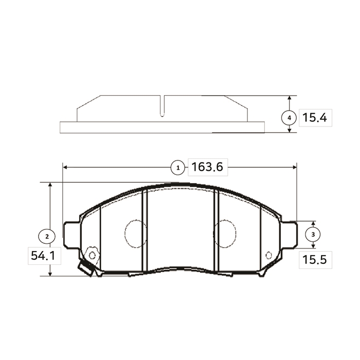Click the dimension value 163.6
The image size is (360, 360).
pyautogui.click(x=207, y=167)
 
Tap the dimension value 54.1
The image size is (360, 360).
pyautogui.click(x=43, y=256)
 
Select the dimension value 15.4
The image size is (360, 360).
pyautogui.click(x=314, y=118)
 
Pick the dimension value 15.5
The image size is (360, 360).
pyautogui.click(x=314, y=260)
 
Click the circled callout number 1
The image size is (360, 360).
pyautogui.click(x=178, y=168)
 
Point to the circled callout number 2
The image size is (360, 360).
pyautogui.click(x=47, y=236)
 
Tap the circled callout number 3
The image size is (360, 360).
pyautogui.click(x=313, y=235)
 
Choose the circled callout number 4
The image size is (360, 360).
pyautogui.click(x=289, y=118)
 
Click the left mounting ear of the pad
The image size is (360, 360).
pyautogui.click(x=71, y=235)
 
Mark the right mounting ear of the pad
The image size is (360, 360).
pyautogui.click(x=289, y=235)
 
